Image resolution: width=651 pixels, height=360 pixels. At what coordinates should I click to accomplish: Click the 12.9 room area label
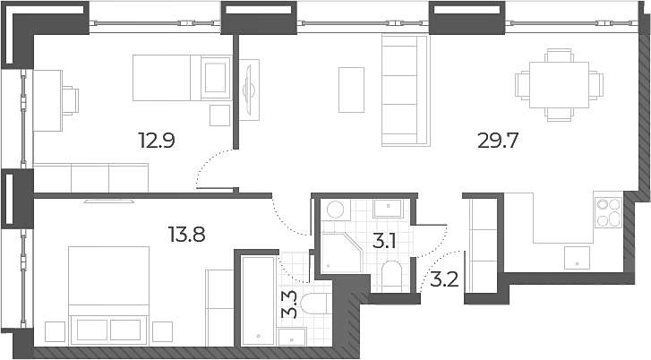(x=157, y=141)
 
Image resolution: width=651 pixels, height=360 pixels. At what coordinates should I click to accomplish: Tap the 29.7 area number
(x=498, y=141)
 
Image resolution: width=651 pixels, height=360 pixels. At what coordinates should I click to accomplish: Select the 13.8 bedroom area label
(x=186, y=235)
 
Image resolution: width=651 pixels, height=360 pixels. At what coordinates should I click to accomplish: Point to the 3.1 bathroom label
(x=383, y=241)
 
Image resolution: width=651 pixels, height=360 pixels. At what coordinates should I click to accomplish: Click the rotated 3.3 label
(x=289, y=304)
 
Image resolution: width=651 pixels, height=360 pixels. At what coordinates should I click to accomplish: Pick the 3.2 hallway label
(x=444, y=280)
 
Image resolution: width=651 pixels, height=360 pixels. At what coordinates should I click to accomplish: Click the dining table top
(x=559, y=85)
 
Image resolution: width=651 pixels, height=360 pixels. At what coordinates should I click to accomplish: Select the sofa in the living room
(x=405, y=90)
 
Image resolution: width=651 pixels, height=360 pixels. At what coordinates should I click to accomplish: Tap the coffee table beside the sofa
(x=351, y=90)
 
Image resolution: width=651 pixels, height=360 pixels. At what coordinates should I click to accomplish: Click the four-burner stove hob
(x=609, y=212)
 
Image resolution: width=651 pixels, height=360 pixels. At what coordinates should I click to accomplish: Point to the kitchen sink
(x=577, y=257)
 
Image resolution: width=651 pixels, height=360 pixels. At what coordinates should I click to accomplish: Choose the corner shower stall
(x=342, y=253)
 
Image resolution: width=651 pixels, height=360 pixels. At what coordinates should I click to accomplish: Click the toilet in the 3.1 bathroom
(x=391, y=276)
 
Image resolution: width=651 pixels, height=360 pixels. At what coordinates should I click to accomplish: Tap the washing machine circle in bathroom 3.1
(x=335, y=210)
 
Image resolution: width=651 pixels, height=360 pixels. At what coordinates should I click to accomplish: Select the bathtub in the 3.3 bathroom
(x=258, y=301)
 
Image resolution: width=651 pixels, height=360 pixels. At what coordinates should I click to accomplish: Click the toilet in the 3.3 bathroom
(x=316, y=304)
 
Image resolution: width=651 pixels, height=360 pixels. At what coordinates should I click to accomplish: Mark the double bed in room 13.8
(x=108, y=296)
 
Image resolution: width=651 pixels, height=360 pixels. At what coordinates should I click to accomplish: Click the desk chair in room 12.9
(x=70, y=101)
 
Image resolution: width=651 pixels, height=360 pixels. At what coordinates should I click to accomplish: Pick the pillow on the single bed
(x=216, y=77)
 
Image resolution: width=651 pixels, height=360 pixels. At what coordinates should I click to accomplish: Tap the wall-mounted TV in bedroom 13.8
(x=109, y=201)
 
